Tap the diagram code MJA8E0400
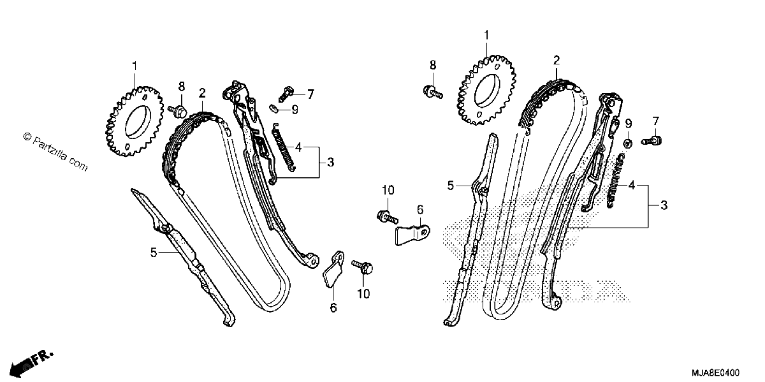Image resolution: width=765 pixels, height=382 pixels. pos(715,372)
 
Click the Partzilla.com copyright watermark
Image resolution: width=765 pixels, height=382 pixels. pos(55,151)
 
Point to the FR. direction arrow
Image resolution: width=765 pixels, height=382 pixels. pos(31,364)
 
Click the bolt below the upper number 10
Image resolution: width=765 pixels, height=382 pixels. pos(388,216)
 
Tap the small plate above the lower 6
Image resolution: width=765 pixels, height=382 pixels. pos(333,270)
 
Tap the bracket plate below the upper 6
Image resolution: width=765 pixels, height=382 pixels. pos(412,235)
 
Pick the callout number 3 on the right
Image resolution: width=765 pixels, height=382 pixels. pos(664,205)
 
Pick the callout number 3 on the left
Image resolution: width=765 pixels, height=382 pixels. pos(330,162)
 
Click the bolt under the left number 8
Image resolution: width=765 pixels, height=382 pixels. pos(178,111)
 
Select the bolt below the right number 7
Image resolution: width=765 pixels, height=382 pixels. pos(652,140)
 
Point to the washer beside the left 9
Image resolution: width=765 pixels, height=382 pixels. pos(274,108)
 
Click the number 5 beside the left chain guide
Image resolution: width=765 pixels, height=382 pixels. pos(154,253)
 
